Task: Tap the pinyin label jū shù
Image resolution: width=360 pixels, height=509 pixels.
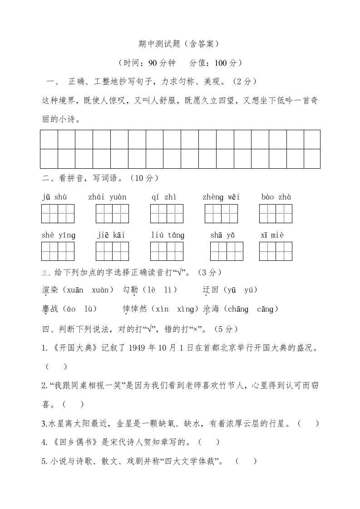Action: pos(54,196)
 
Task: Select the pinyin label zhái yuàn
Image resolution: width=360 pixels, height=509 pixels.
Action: pos(108,196)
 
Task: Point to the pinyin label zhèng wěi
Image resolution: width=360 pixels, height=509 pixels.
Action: pos(221,196)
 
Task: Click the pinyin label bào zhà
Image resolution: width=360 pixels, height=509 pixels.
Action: pos(276,196)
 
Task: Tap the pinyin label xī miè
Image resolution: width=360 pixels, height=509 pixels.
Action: pos(275,235)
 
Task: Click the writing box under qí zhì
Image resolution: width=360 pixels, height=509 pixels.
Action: pos(167,214)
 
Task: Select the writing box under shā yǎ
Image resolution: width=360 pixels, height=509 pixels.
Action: pos(227,252)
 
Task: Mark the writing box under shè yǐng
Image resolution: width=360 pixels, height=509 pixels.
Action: pos(58,252)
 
